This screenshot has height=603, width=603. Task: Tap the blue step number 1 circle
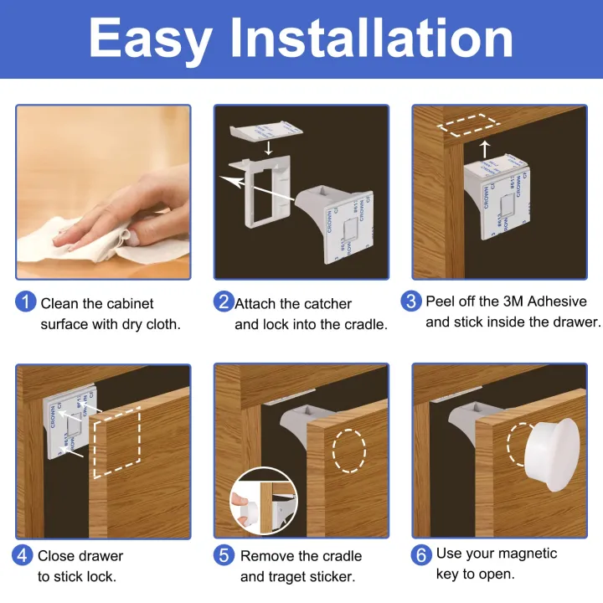pyautogui.click(x=26, y=302)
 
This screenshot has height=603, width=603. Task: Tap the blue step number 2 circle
pyautogui.click(x=224, y=302)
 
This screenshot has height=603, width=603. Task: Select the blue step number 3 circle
pyautogui.click(x=411, y=301)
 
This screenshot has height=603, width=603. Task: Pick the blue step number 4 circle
pyautogui.click(x=23, y=555)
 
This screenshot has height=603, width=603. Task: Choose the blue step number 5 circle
pyautogui.click(x=224, y=555)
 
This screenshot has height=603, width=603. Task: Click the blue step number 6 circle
pyautogui.click(x=421, y=554)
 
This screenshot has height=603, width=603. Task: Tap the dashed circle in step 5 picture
pyautogui.click(x=349, y=451)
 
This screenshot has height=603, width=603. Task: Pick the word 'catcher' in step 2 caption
pyautogui.click(x=322, y=304)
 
